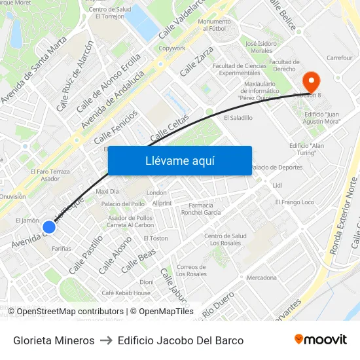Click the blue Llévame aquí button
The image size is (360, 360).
coord(179,160)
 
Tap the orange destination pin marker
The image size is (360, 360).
coord(310,82)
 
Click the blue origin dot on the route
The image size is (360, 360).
coord(48,227)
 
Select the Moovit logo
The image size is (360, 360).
coord(321,340)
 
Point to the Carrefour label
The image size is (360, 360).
coord(339,58)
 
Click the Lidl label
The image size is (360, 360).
coord(277,185)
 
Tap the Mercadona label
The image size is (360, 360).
coord(261,278)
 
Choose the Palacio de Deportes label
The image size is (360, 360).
coord(277,167)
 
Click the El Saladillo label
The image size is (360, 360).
coord(238,118)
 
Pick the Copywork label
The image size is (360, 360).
coord(172,48)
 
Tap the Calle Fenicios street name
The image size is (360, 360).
coord(116,127)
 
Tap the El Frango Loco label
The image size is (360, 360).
coord(295,202)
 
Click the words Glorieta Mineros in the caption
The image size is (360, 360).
coord(54,340)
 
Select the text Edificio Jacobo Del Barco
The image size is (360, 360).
coord(181,340)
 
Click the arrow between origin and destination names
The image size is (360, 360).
coord(106,340)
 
